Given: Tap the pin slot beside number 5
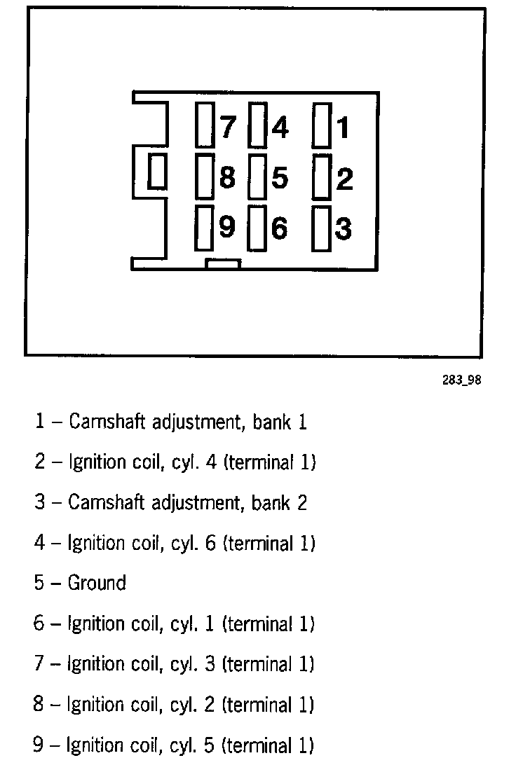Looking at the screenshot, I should point(258,175).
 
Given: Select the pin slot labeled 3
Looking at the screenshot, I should point(322,228).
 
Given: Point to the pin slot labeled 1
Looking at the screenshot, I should point(322,125).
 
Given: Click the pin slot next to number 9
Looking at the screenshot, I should point(204,228).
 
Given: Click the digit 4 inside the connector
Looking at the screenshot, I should point(280,127).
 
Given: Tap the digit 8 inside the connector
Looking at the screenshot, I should point(227,178).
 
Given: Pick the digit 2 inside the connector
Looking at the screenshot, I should point(344,179).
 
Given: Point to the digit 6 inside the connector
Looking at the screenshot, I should point(279,229).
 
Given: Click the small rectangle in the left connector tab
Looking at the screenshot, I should point(157,172).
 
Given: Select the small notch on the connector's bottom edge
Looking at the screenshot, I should point(223,264).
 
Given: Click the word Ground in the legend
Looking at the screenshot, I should point(97,583).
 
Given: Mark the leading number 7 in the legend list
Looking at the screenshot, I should point(39,663).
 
